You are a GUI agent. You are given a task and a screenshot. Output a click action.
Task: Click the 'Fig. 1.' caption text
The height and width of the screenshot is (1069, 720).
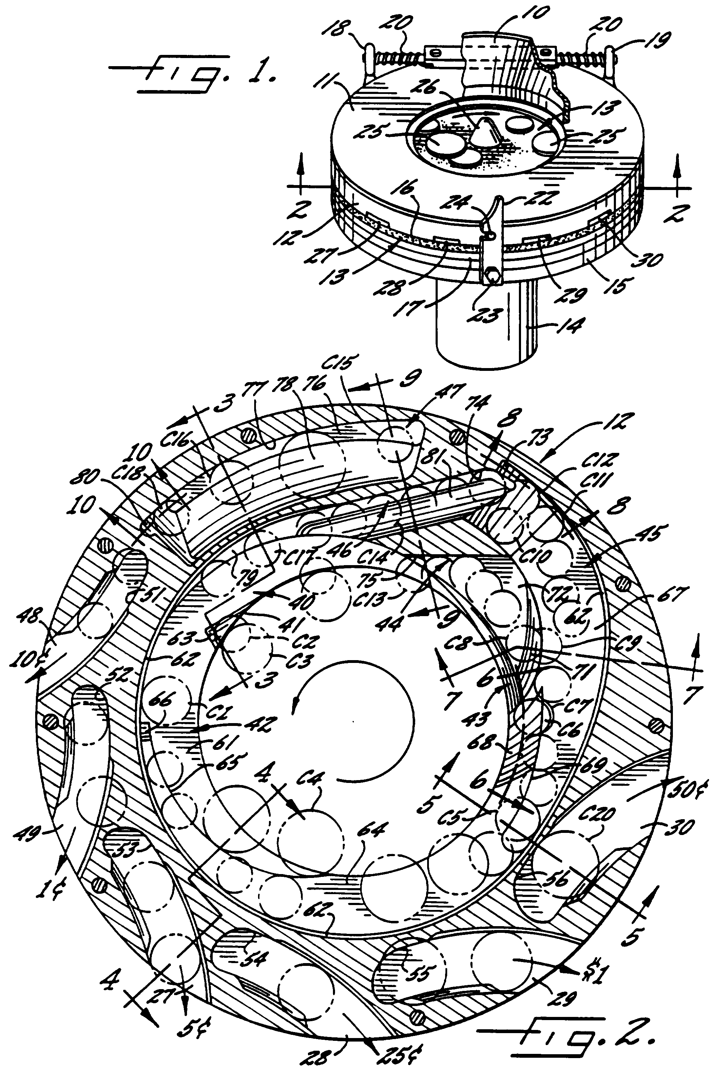tap(193, 74)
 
